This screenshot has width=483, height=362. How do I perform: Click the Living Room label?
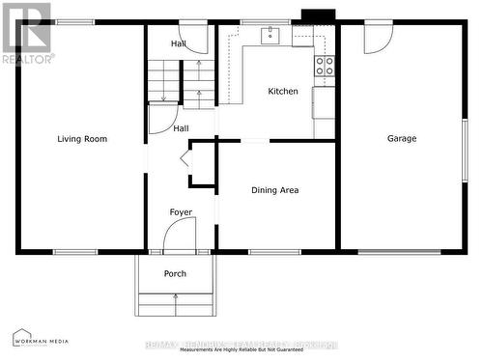(82, 139)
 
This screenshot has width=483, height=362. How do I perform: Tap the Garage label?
(402, 139)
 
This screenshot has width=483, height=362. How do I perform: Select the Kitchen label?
(283, 92)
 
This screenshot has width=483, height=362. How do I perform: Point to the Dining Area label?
(274, 190)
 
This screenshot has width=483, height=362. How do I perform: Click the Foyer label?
(181, 212)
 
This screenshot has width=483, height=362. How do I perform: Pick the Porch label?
(175, 274)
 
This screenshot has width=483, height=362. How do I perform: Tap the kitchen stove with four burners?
(325, 67)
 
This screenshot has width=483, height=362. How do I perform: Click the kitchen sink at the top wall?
(270, 36)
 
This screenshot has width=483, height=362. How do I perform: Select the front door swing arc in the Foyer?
(180, 234)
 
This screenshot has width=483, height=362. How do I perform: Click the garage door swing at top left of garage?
(378, 38)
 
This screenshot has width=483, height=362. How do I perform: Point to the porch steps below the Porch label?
(175, 305)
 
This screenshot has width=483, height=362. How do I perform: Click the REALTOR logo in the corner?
(26, 34)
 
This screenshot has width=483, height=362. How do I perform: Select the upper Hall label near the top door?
(179, 44)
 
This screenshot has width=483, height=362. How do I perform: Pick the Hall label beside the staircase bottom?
(181, 128)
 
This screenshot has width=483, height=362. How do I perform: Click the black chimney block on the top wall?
(318, 15)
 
